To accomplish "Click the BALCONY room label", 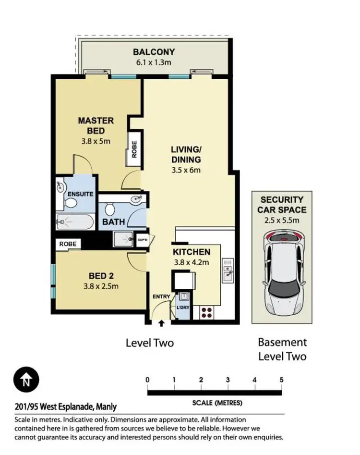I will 154,52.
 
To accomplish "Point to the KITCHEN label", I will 191,252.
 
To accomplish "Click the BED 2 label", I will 100,276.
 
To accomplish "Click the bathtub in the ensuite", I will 74,222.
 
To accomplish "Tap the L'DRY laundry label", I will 183,307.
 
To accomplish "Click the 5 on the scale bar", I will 281,380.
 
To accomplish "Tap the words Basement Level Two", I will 282,349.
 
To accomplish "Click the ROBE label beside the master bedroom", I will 134,149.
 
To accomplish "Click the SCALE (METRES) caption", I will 217,403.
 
